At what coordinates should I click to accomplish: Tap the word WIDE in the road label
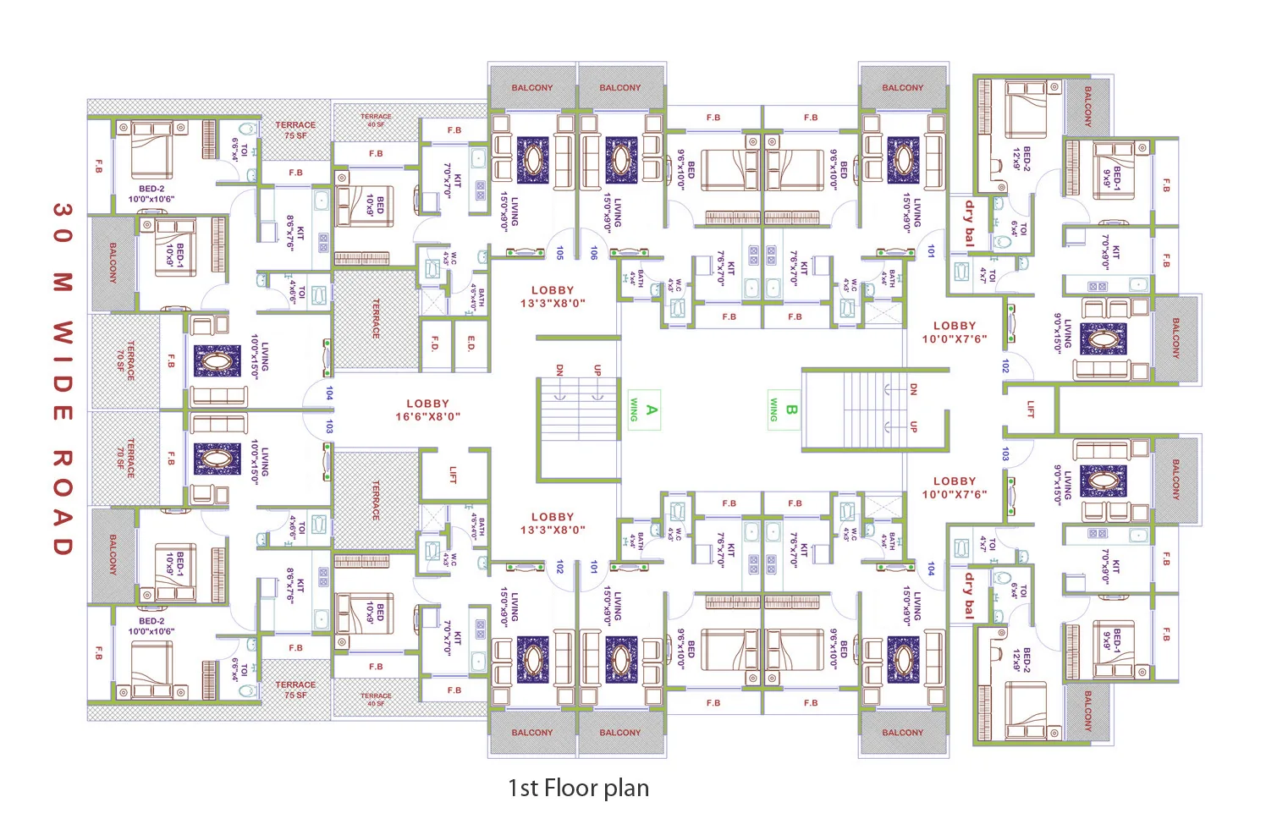(x=63, y=371)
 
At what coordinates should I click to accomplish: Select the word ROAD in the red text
(x=63, y=503)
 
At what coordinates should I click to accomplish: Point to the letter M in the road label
(x=63, y=283)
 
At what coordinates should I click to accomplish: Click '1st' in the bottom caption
(x=523, y=789)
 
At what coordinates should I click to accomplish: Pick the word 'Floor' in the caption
(x=571, y=789)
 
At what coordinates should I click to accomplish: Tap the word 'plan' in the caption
(x=627, y=789)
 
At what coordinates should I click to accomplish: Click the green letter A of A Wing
(x=651, y=410)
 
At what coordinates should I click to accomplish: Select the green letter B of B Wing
(x=791, y=410)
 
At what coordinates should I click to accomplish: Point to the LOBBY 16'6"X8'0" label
(x=427, y=410)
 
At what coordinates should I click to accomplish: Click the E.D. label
(x=471, y=344)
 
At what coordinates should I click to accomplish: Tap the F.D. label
(x=434, y=344)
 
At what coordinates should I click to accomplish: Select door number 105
(x=559, y=253)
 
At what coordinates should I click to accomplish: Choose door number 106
(x=594, y=253)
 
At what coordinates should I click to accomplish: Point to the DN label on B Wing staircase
(x=913, y=389)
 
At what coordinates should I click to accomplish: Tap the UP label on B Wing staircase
(x=913, y=427)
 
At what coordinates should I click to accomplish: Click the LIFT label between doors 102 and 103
(x=1030, y=409)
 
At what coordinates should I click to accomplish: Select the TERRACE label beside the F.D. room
(x=376, y=319)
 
